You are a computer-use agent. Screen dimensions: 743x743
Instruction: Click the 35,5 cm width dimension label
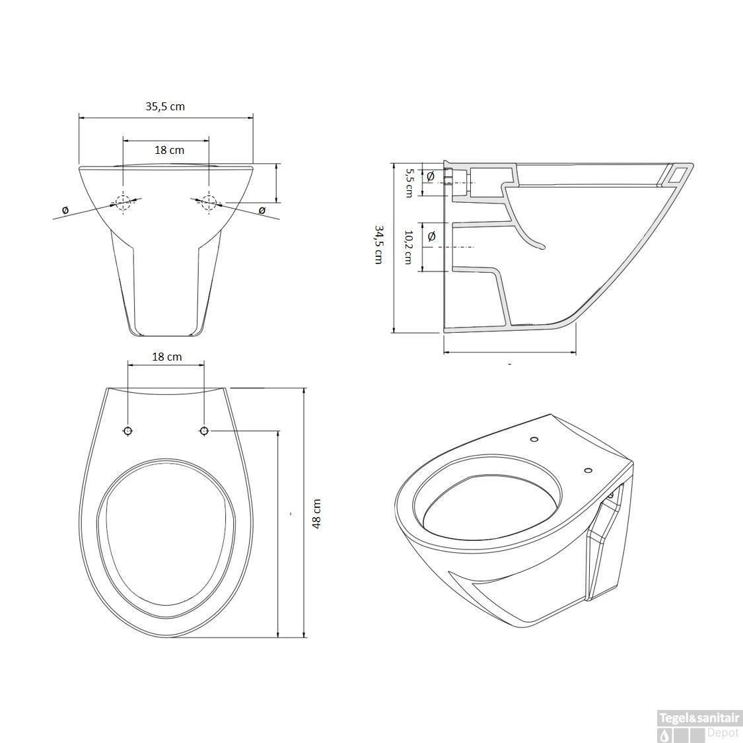(165, 106)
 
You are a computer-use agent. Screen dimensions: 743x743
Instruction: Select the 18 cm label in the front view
(169, 150)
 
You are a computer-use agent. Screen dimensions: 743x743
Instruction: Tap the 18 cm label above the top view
(167, 357)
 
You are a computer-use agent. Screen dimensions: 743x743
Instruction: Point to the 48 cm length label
(316, 513)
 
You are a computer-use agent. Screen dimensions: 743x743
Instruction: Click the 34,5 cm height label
(378, 244)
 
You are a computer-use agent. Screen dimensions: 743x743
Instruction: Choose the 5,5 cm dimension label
(408, 183)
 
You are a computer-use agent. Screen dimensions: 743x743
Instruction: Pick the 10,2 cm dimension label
(407, 248)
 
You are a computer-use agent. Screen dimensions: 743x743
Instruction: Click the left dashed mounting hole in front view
(124, 203)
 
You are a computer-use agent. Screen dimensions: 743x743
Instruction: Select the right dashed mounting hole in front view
(209, 203)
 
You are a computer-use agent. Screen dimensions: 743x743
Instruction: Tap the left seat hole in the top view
(127, 431)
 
